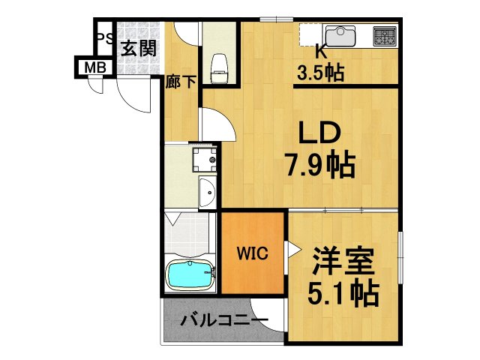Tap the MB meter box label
pyautogui.click(x=94, y=67)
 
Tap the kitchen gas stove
pyautogui.click(x=385, y=34)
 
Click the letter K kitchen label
pyautogui.click(x=320, y=52)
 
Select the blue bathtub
pyautogui.click(x=189, y=276)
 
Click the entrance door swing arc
pyautogui.click(x=135, y=94)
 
